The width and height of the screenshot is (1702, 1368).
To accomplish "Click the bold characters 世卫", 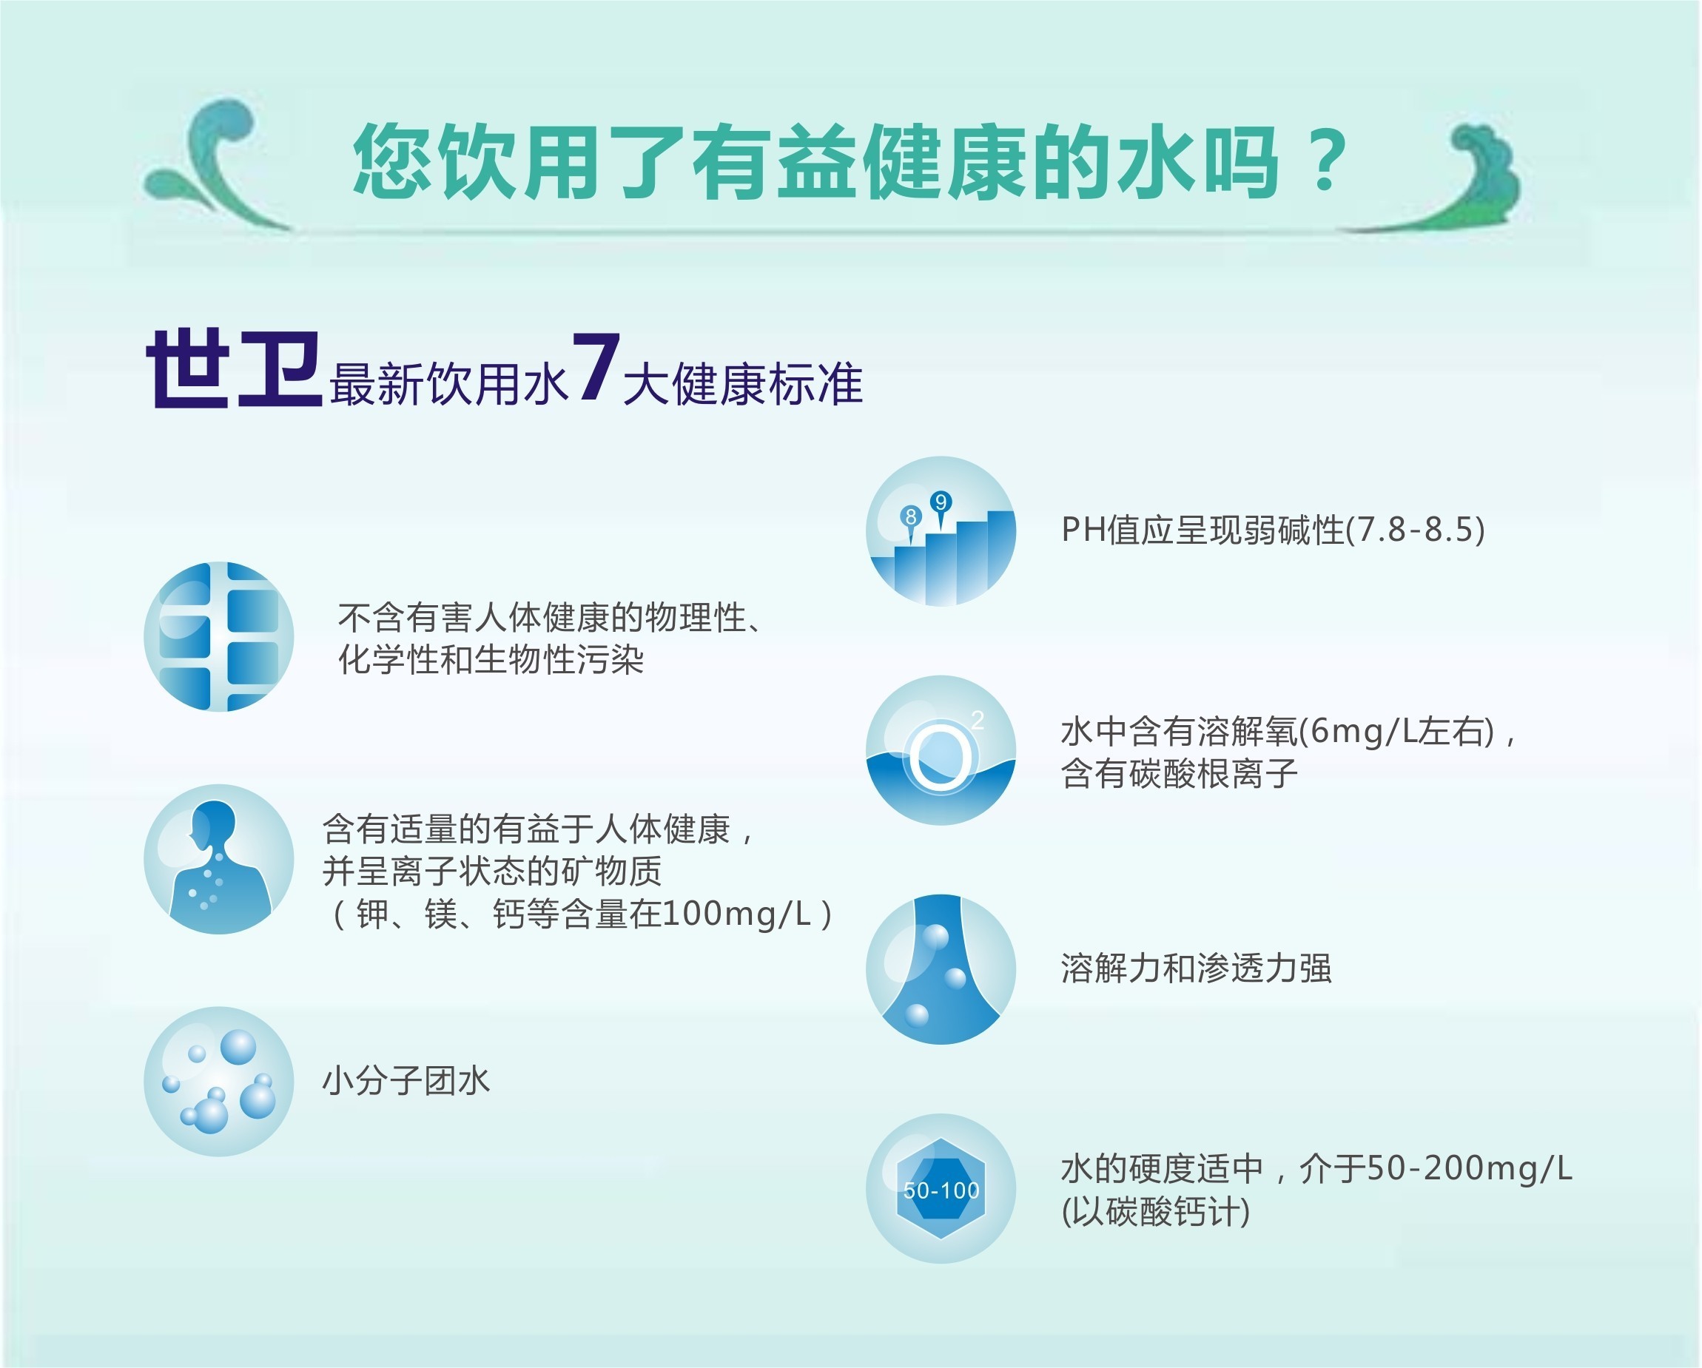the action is [x=234, y=368].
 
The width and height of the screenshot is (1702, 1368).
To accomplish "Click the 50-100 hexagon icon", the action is [x=941, y=1189].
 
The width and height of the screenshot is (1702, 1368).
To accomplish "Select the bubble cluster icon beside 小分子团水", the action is [x=219, y=1082].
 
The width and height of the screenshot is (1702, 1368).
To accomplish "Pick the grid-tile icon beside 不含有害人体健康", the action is [x=219, y=636].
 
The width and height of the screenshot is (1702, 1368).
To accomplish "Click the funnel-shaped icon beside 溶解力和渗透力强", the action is [x=941, y=969].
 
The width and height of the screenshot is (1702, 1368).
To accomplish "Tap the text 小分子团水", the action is [x=406, y=1081].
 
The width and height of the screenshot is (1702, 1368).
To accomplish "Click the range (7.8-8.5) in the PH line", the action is [x=1416, y=529].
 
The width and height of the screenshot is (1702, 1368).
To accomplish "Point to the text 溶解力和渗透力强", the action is [x=1196, y=968].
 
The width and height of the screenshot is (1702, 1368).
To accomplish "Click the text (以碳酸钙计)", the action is [x=1156, y=1212].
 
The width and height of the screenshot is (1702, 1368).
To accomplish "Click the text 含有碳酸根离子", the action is [x=1180, y=773].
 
